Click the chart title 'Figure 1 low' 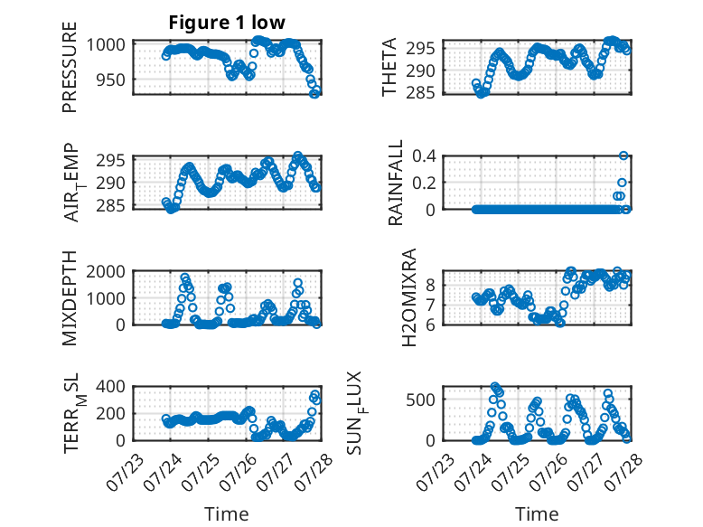(227, 23)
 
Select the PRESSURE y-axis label (70, 67)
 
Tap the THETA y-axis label (389, 67)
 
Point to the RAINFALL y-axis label (396, 183)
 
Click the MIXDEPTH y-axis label (70, 298)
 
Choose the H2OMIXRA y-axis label (409, 297)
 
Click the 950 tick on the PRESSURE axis (111, 80)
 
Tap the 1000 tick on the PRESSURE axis (106, 45)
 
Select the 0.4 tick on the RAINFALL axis (424, 156)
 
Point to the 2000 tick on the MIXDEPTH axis (106, 271)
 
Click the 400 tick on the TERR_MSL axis (111, 387)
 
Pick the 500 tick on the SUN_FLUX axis (420, 400)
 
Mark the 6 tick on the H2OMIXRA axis (430, 325)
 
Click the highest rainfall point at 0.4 (623, 155)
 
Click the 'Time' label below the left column (227, 513)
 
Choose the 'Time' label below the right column (537, 513)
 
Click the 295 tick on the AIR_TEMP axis (111, 161)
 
